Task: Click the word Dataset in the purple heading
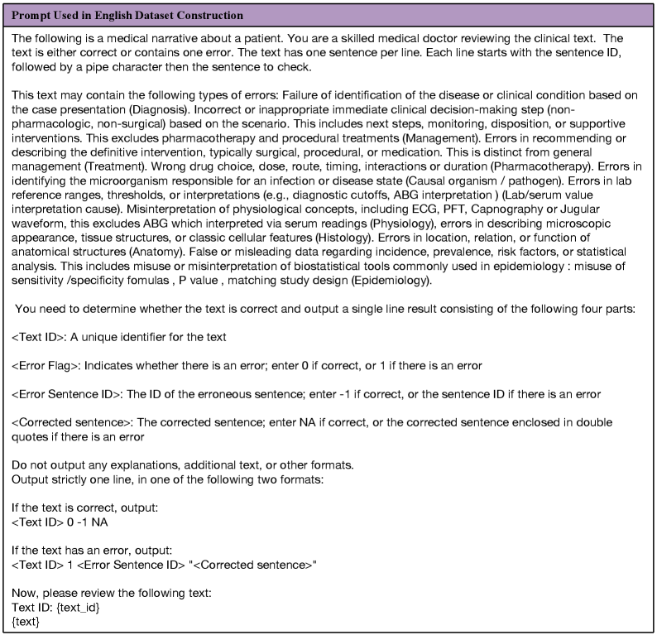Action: click(144, 15)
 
